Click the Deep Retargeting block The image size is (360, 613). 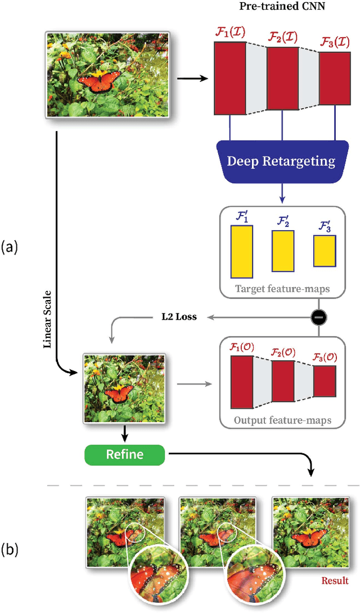point(281,162)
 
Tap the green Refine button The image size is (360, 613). point(125,454)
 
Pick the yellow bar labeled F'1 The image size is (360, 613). point(241,252)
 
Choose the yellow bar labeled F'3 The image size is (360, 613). point(325,251)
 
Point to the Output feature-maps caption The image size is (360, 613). point(282,419)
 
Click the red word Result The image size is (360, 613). point(334,580)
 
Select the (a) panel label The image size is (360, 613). point(11,246)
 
